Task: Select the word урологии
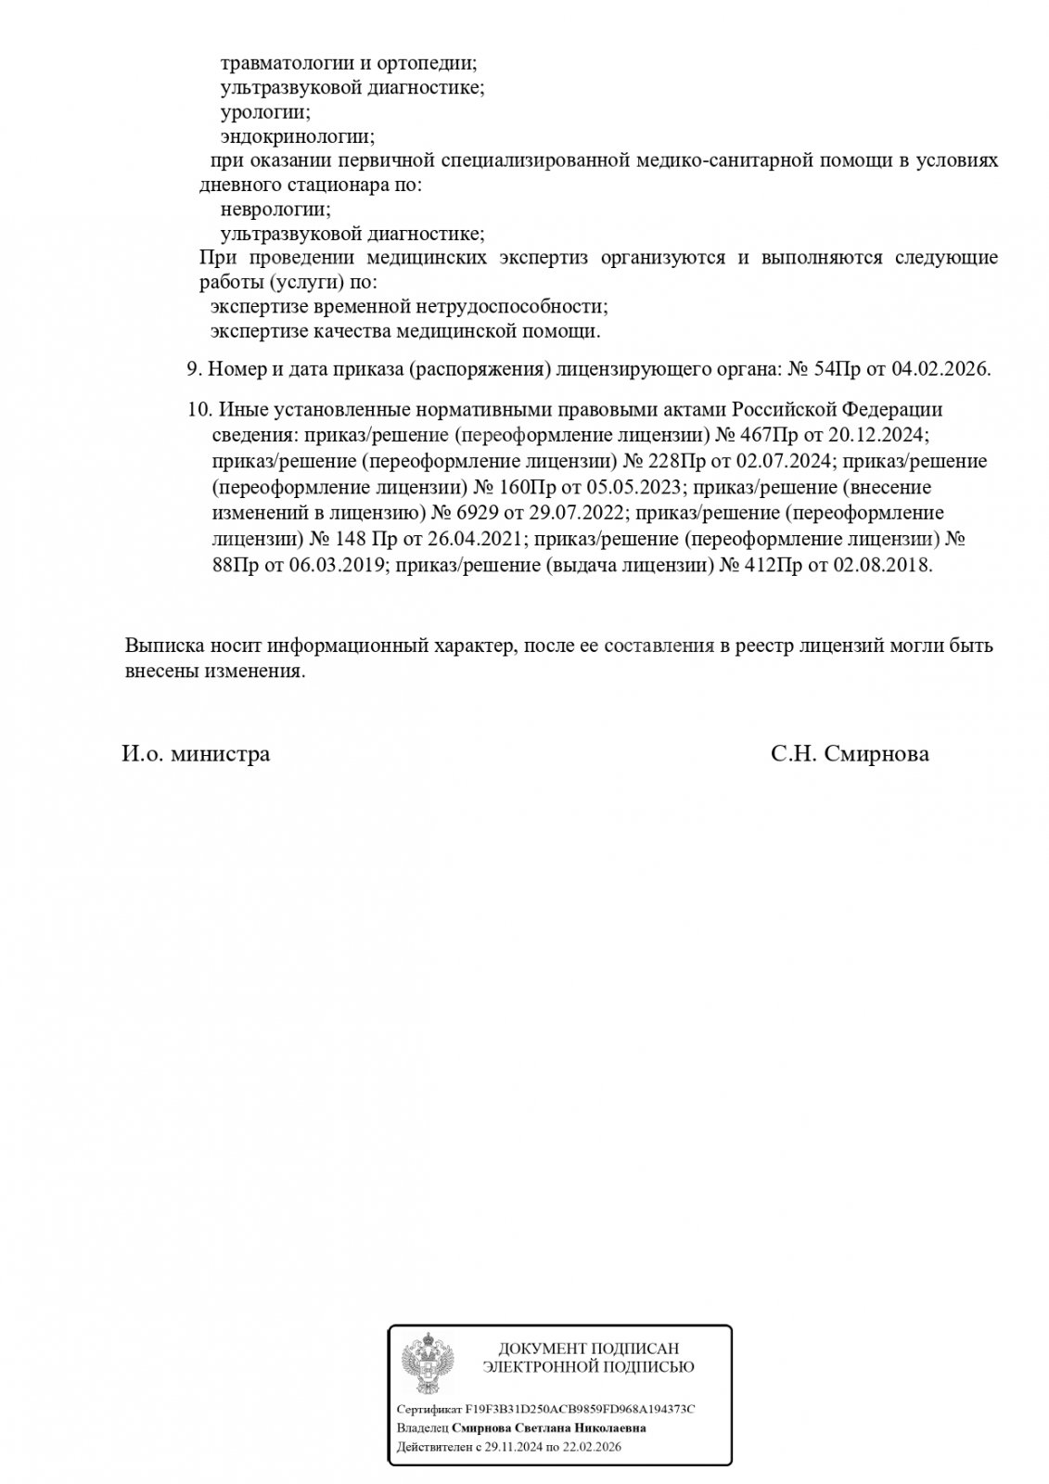click(265, 112)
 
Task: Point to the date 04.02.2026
click(940, 369)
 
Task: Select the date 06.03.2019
click(338, 564)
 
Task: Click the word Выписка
click(159, 646)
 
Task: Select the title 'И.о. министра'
click(196, 754)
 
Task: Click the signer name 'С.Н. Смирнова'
click(849, 754)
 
